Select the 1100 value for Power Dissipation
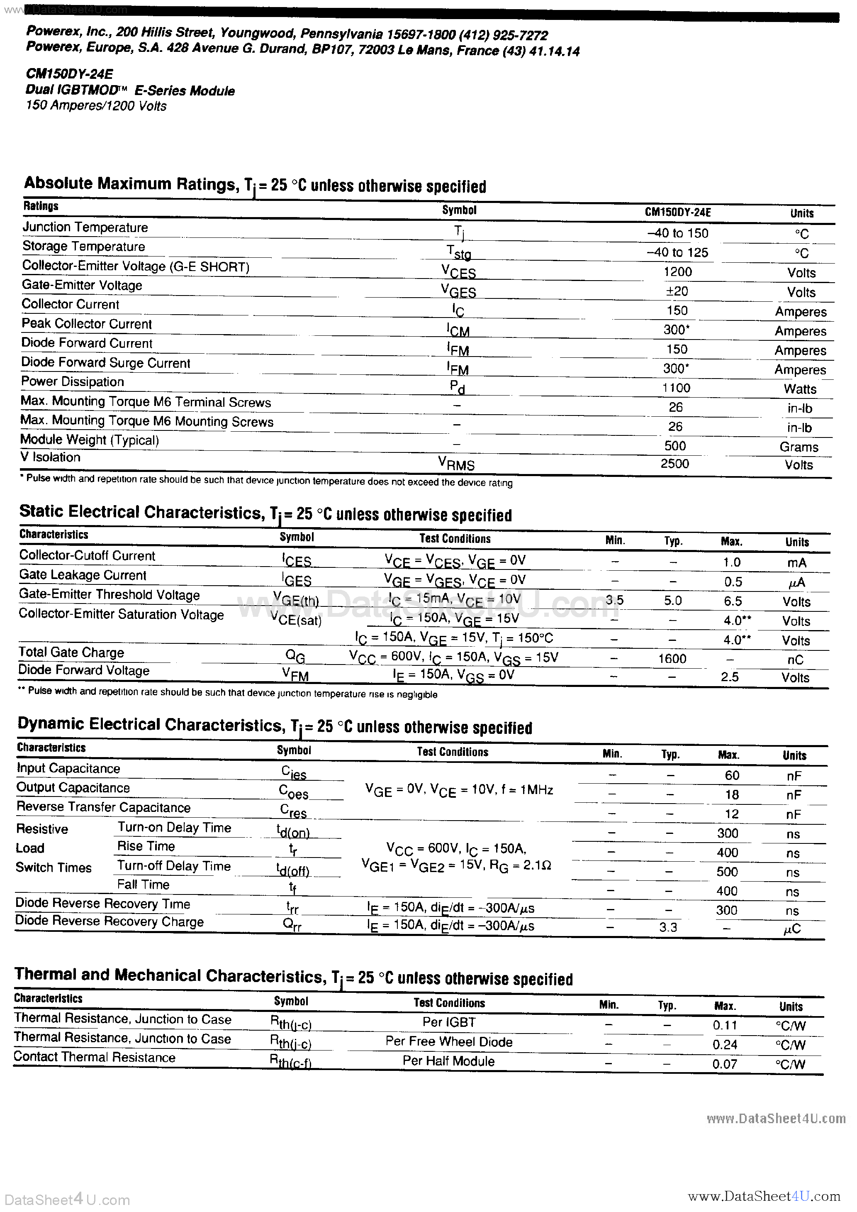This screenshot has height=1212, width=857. (676, 388)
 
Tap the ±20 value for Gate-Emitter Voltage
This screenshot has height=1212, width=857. (677, 291)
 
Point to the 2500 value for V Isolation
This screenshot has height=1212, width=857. (675, 464)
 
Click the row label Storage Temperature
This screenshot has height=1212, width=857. (83, 247)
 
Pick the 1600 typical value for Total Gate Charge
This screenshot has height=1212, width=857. (672, 659)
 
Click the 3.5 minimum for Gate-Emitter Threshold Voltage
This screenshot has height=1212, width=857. (615, 600)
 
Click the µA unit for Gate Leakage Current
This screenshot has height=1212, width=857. (796, 583)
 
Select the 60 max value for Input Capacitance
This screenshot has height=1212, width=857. (732, 775)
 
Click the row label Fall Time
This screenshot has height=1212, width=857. (143, 885)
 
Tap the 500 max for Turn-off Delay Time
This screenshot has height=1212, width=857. (727, 872)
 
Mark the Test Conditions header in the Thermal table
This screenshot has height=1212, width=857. (449, 1003)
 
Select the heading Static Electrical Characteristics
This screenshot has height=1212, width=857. (141, 512)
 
